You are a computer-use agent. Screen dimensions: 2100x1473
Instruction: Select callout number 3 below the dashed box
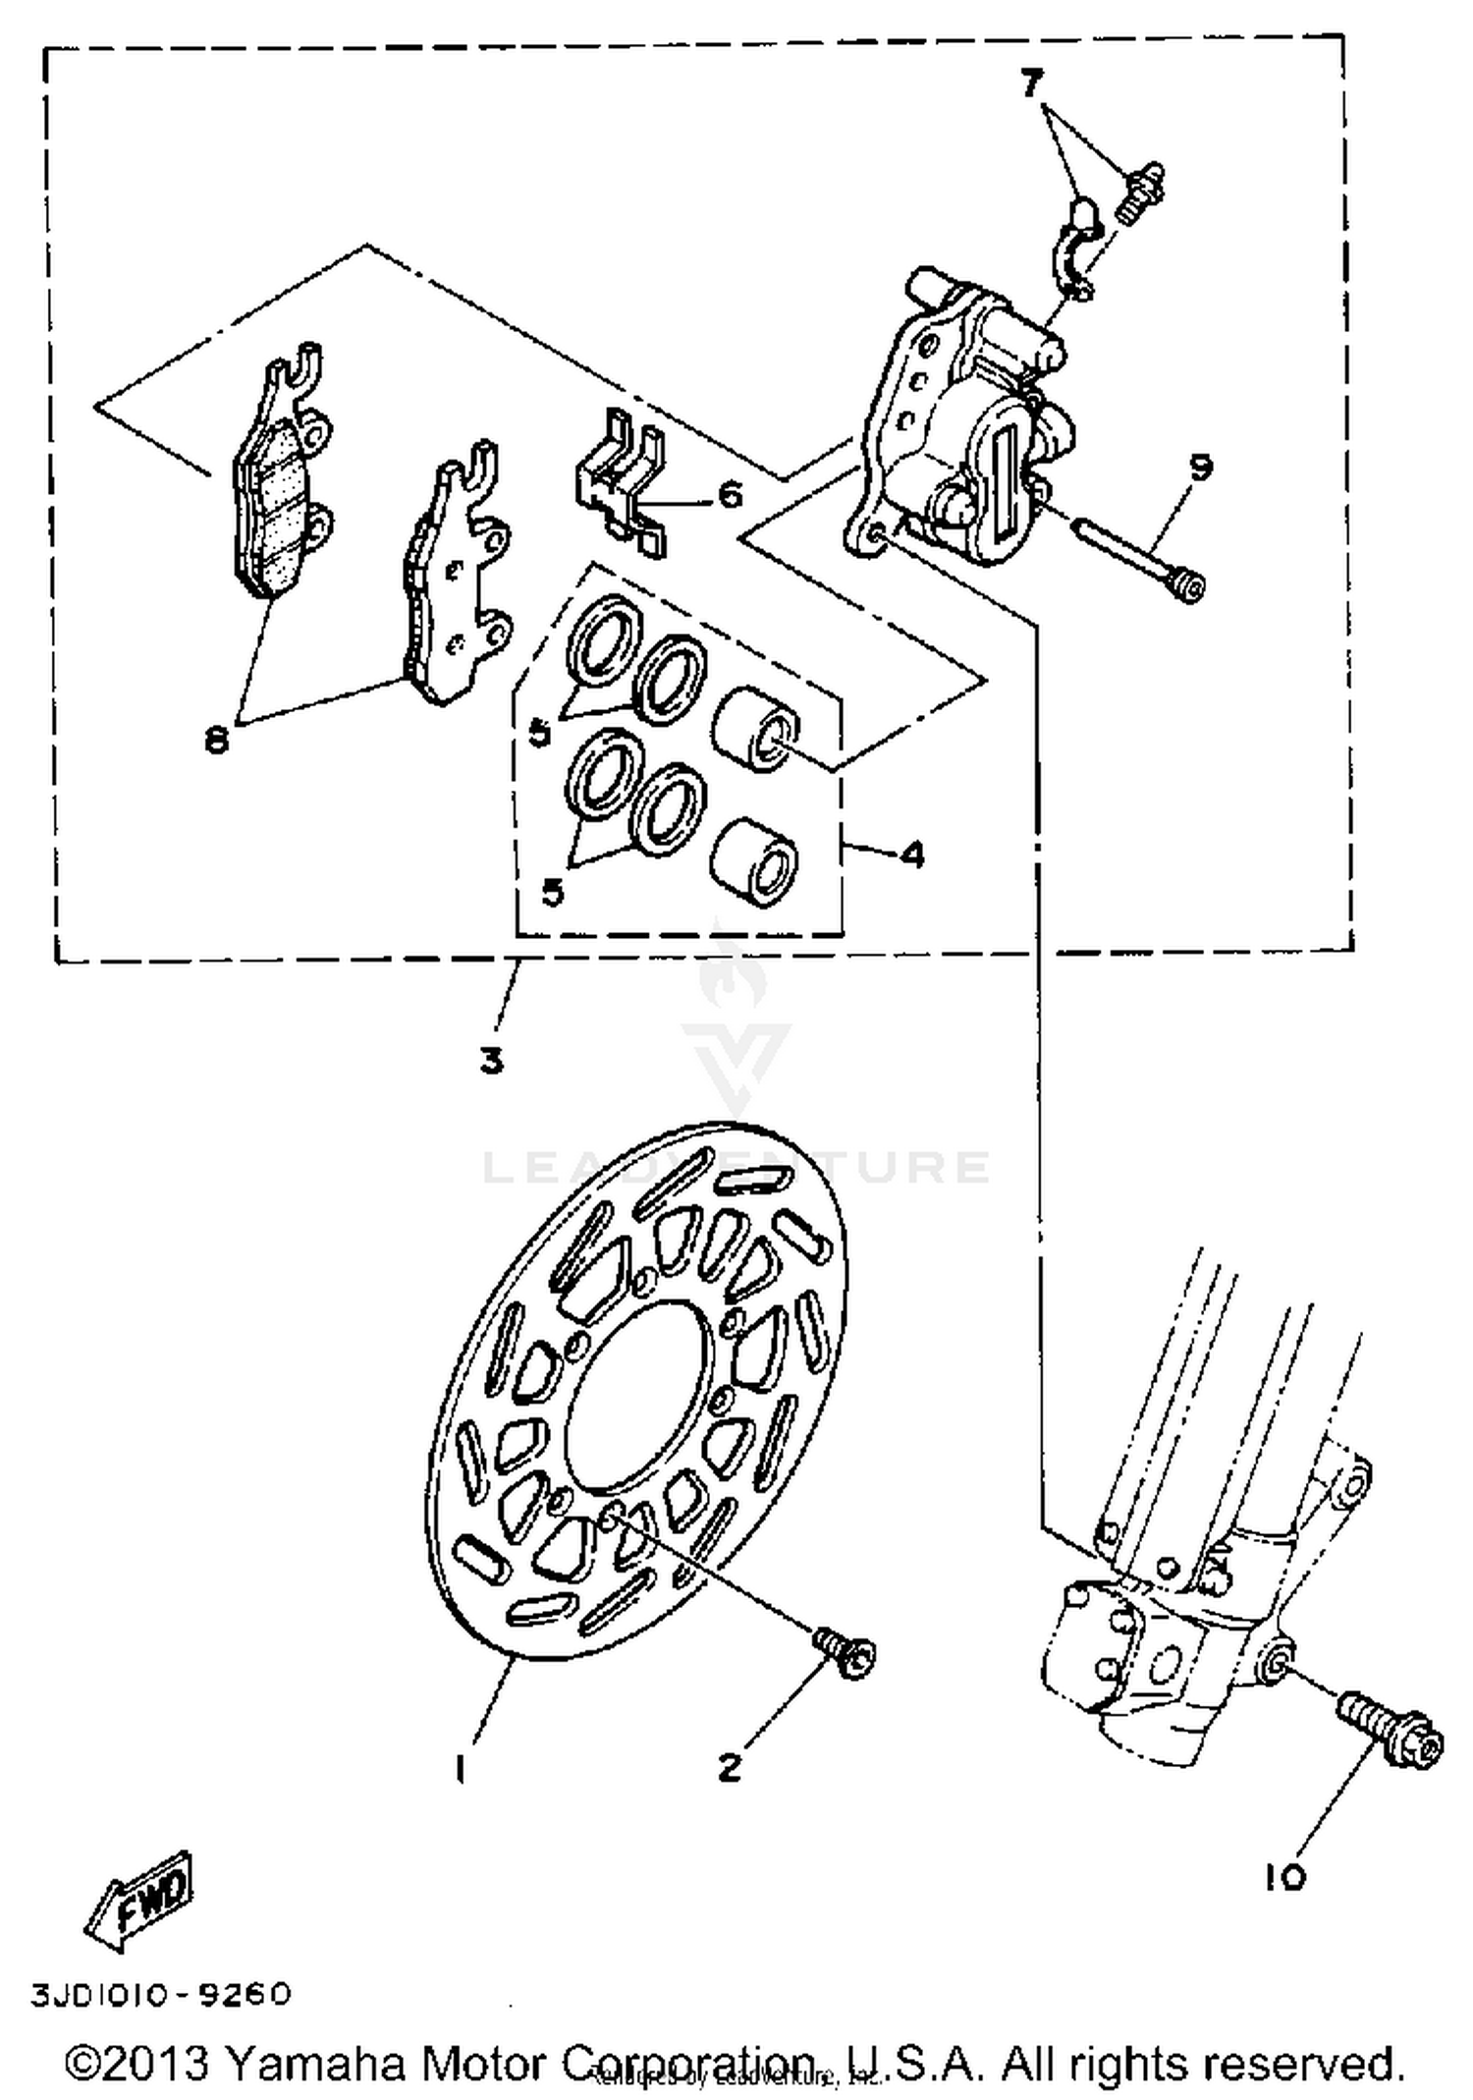pyautogui.click(x=492, y=1061)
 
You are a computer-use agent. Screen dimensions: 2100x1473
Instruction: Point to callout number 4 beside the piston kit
pyautogui.click(x=912, y=855)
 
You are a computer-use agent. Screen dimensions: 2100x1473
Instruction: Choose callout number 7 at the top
pyautogui.click(x=1030, y=84)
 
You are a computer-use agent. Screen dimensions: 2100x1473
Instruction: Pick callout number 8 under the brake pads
pyautogui.click(x=216, y=739)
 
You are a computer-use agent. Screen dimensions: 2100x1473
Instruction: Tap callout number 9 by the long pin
pyautogui.click(x=1200, y=468)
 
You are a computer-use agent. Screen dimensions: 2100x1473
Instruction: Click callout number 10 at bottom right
pyautogui.click(x=1284, y=1877)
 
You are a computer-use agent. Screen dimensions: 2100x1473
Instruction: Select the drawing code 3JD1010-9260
pyautogui.click(x=162, y=1995)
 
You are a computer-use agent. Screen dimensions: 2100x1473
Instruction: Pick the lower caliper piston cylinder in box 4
pyautogui.click(x=754, y=857)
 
